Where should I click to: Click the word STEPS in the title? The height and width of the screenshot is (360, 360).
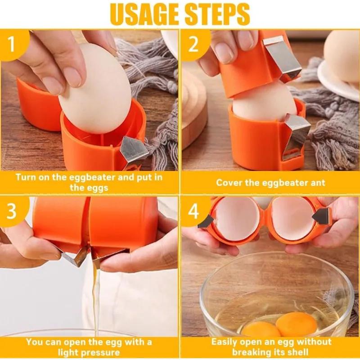217,14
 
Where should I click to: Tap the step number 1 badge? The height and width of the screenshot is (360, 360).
12,44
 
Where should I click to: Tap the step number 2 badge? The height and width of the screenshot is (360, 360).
193,44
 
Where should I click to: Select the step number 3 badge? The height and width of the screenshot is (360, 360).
12,211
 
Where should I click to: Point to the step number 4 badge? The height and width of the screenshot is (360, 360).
193,211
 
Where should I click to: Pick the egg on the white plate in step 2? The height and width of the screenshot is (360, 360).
342,56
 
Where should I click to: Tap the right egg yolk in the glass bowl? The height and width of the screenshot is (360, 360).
296,324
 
